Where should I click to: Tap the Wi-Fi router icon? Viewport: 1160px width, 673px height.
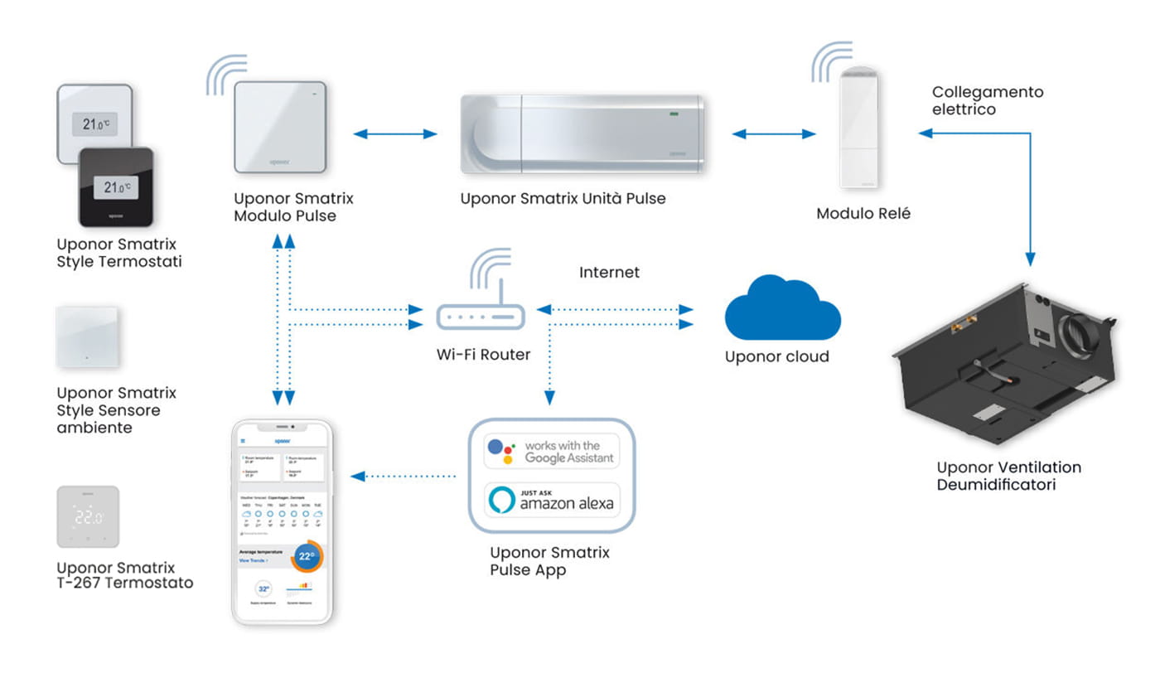tap(481, 316)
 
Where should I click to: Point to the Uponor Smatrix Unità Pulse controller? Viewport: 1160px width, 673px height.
tap(582, 133)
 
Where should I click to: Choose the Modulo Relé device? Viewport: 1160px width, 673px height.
tap(858, 128)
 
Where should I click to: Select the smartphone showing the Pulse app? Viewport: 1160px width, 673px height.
tap(281, 522)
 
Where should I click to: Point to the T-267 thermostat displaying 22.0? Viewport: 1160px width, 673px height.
tap(88, 516)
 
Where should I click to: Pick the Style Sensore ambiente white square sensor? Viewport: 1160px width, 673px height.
tap(87, 336)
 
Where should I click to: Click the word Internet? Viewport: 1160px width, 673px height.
tap(609, 272)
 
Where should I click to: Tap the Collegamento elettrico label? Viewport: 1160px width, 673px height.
tap(987, 100)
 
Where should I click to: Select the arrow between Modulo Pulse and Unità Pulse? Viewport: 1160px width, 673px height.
tap(395, 133)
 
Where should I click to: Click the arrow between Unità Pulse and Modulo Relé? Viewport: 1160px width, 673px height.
tap(773, 133)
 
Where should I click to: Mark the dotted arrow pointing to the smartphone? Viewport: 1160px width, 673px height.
tap(404, 476)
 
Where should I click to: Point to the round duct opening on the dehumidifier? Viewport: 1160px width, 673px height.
tap(1074, 335)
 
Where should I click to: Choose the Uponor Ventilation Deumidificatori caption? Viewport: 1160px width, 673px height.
tap(1008, 476)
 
